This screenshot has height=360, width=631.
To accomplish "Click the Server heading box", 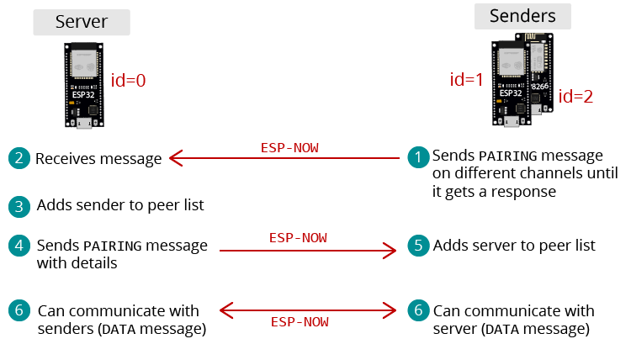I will tap(82, 22).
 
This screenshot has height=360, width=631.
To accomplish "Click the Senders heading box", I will tap(522, 16).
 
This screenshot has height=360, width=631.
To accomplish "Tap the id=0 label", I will tap(129, 81).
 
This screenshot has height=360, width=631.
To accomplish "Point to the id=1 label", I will tap(468, 80).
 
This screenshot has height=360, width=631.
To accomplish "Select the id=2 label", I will tap(576, 96).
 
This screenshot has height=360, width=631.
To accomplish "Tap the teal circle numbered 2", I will tap(18, 158).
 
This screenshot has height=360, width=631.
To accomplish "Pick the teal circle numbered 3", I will tap(18, 205).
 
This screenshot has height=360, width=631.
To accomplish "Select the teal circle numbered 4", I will tap(18, 246).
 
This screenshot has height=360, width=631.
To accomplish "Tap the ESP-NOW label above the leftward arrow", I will tap(289, 147).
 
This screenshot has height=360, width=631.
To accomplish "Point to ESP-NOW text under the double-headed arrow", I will tap(300, 322).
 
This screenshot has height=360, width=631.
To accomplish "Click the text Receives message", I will tap(98, 158).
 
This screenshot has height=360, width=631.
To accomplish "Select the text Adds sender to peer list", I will tap(120, 205).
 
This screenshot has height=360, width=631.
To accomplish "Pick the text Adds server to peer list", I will tap(514, 246).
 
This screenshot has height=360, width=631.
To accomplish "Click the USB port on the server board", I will tap(84, 124).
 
